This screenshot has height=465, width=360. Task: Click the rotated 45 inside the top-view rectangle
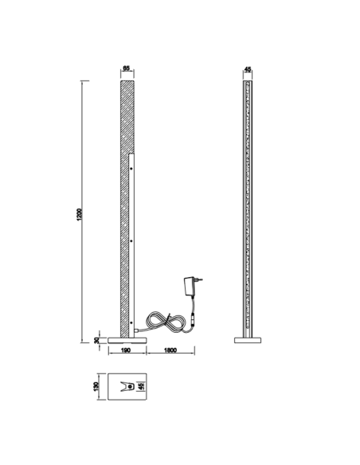(142, 387)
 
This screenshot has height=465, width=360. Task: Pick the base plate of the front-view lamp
(248, 340)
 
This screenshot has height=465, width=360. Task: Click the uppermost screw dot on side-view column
(132, 168)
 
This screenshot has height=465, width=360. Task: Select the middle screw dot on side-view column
(132, 239)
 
